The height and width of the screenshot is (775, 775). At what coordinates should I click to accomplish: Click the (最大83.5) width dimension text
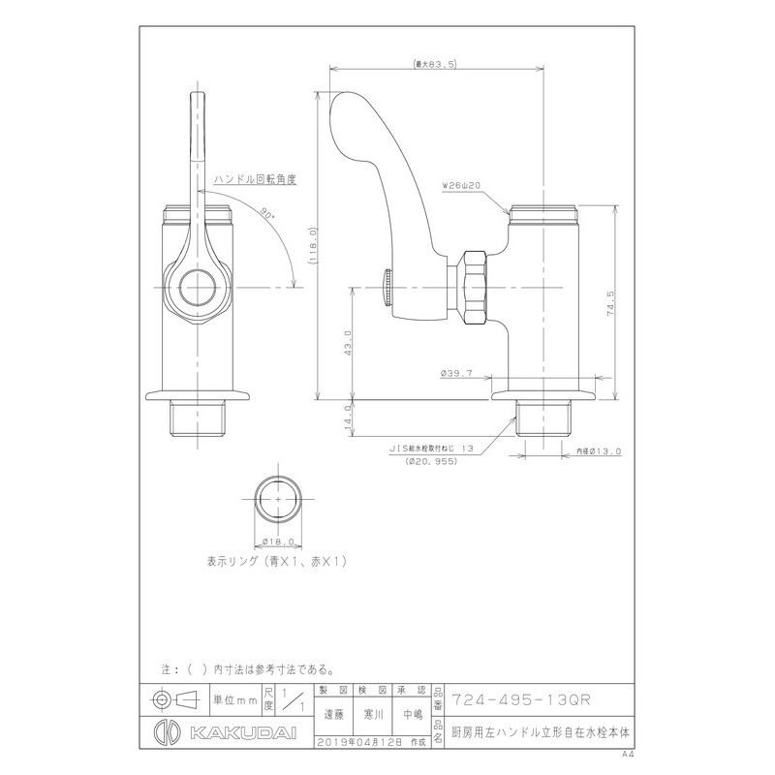(x=435, y=65)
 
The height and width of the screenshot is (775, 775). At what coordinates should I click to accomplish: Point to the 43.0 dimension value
(x=347, y=344)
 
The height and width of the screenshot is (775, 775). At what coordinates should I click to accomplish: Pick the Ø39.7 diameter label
(x=454, y=373)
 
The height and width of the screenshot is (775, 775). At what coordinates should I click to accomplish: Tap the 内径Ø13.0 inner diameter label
(x=601, y=451)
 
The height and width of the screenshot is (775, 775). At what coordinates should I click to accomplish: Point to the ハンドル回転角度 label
(x=253, y=179)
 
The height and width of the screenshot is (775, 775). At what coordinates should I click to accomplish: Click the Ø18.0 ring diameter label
(x=278, y=542)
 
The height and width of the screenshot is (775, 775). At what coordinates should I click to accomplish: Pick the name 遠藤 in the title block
(x=331, y=713)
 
